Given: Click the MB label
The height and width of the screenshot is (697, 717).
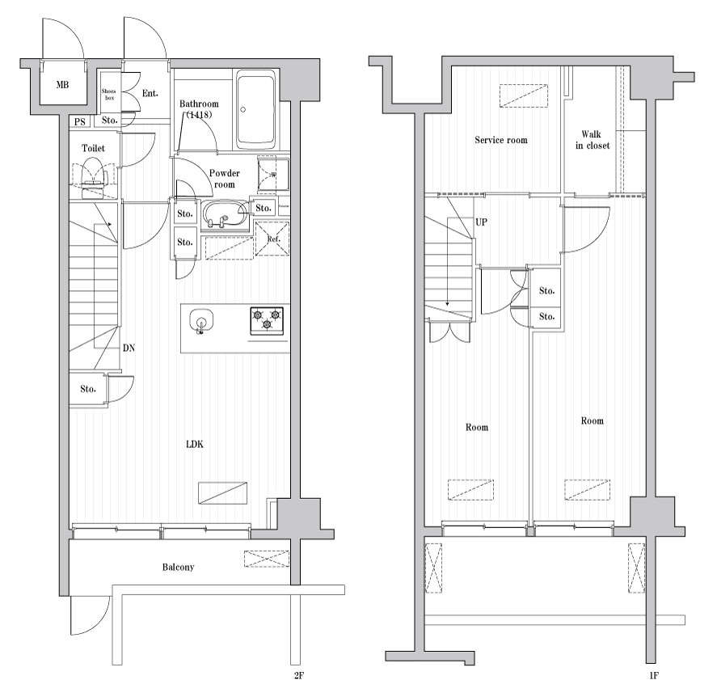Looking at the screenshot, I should [x=62, y=85].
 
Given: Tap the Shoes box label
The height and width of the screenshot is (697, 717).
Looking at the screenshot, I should [x=108, y=95].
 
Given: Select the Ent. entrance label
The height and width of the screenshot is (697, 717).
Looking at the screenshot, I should [x=150, y=94].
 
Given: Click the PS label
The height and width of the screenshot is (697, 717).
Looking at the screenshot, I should [x=79, y=121].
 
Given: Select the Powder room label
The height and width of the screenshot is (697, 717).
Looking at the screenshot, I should [x=224, y=179].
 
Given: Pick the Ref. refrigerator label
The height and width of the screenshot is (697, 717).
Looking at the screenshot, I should [x=272, y=239].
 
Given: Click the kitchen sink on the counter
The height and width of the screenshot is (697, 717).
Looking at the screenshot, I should [x=200, y=321].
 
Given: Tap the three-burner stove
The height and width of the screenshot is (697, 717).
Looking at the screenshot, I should [x=266, y=320].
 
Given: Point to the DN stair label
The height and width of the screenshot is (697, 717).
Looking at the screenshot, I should [x=129, y=348].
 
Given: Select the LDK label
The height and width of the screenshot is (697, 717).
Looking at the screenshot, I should [x=195, y=444].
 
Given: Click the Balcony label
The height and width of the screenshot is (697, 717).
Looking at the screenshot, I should [x=178, y=567].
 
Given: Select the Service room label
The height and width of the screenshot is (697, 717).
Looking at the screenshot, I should [x=500, y=140].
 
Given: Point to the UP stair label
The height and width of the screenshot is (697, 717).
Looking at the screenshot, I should [x=481, y=222].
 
